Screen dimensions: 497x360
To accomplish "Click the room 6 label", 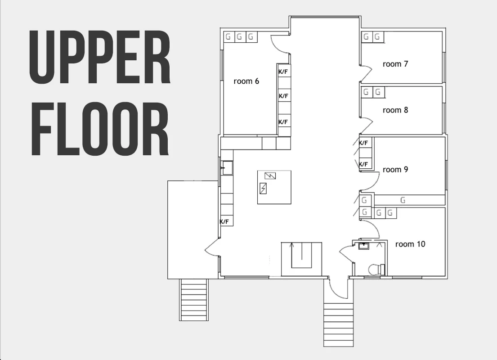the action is pyautogui.click(x=246, y=81).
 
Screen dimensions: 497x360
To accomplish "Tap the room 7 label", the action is pyautogui.click(x=395, y=64).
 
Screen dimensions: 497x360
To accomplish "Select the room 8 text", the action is pyautogui.click(x=395, y=110).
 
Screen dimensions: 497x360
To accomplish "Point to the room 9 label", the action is pyautogui.click(x=395, y=170).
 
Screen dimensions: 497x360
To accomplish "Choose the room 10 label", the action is pyautogui.click(x=410, y=244).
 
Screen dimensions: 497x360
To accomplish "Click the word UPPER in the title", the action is pyautogui.click(x=100, y=58).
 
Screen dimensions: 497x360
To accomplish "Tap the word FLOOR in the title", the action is pyautogui.click(x=99, y=129).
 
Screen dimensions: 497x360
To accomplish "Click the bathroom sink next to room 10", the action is pyautogui.click(x=363, y=246).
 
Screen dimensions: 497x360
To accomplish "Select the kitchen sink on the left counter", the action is pyautogui.click(x=227, y=168).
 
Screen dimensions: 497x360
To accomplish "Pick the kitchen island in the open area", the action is pyautogui.click(x=274, y=188).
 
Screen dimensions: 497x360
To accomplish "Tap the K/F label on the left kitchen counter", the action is pyautogui.click(x=224, y=222).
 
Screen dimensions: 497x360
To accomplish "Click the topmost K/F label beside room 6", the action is pyautogui.click(x=283, y=72).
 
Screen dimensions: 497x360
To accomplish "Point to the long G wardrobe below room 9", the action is pyautogui.click(x=409, y=200).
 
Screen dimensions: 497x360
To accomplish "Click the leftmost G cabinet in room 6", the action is pyautogui.click(x=228, y=37).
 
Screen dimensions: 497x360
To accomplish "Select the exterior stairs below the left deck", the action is pyautogui.click(x=194, y=300).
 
